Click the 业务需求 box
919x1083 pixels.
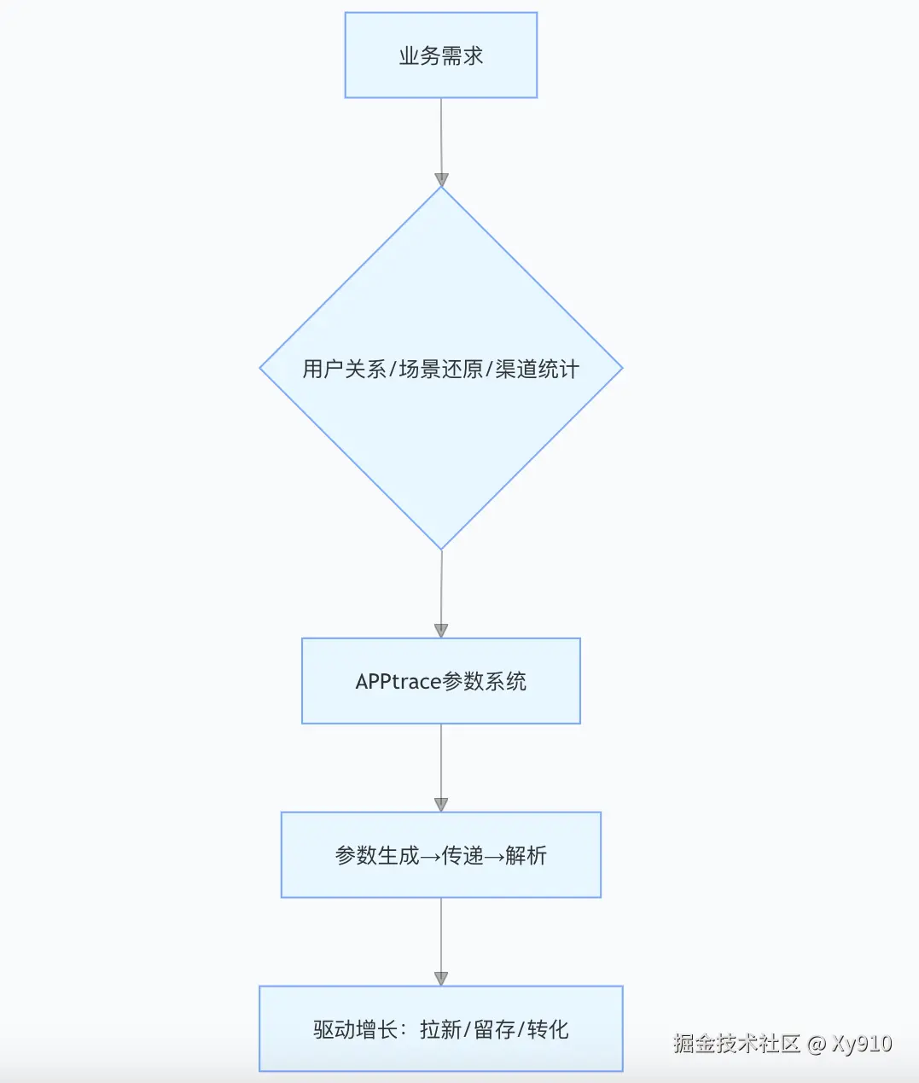click(x=440, y=55)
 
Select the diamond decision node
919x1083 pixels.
click(x=440, y=444)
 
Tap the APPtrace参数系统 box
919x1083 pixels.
click(x=440, y=681)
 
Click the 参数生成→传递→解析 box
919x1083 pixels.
click(x=440, y=855)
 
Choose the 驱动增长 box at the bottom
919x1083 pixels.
click(x=440, y=1029)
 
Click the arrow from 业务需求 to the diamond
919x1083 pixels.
click(x=441, y=141)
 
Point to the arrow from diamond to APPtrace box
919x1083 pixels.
click(x=441, y=593)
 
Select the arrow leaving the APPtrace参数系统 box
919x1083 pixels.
click(x=441, y=766)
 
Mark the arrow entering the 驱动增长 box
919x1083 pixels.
click(x=441, y=940)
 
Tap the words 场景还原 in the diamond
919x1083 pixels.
click(x=440, y=369)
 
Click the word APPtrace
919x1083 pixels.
click(x=398, y=681)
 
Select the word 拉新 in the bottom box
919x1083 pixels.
click(x=440, y=1029)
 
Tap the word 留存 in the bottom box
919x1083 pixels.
click(x=494, y=1029)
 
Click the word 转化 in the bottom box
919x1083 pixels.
click(x=548, y=1029)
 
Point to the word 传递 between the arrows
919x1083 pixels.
click(x=462, y=855)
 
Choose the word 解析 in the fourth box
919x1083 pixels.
click(x=526, y=855)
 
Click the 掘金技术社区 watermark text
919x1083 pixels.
click(x=736, y=1043)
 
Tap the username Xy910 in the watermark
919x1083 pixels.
click(x=862, y=1043)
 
